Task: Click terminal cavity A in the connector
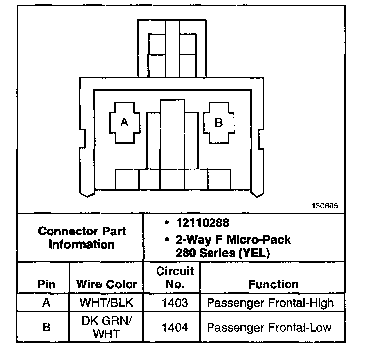tap(124, 123)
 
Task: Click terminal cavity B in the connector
tap(218, 123)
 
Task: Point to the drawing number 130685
tap(324, 206)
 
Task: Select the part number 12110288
tap(202, 224)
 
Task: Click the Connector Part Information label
tap(81, 237)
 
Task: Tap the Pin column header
tap(46, 284)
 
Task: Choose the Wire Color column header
tap(106, 284)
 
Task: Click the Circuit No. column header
tap(175, 278)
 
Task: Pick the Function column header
tap(273, 284)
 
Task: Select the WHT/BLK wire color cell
tap(106, 303)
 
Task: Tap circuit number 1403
tap(175, 303)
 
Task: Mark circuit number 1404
tap(175, 327)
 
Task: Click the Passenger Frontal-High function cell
tap(270, 303)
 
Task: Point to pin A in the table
tap(46, 303)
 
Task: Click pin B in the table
tap(46, 327)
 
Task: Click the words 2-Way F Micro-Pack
tap(233, 240)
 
